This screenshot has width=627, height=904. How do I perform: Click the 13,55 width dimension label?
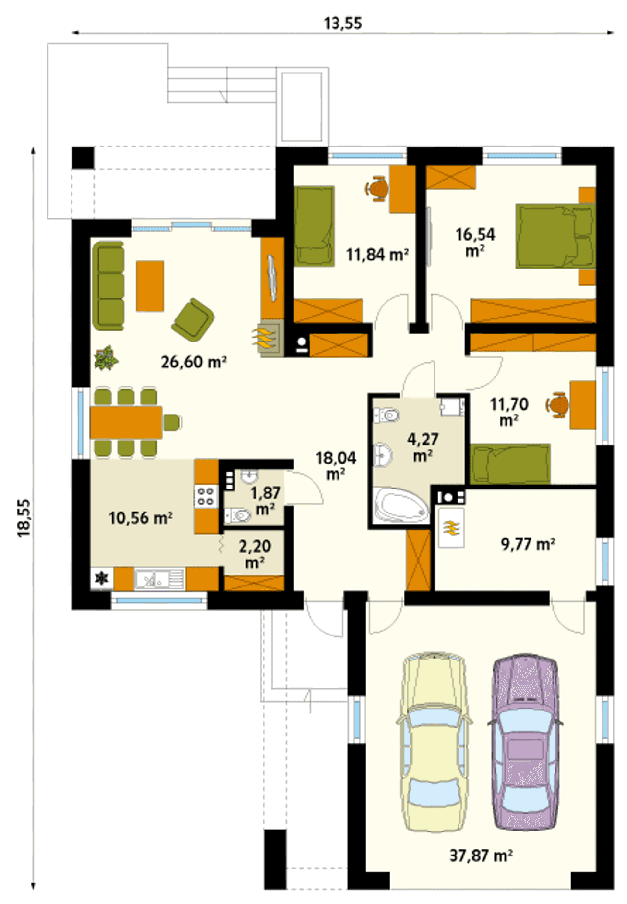tap(343, 23)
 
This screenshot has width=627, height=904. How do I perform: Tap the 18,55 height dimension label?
tap(24, 518)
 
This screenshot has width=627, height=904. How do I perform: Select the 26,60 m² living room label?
tap(193, 362)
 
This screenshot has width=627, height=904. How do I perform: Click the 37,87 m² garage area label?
tap(481, 855)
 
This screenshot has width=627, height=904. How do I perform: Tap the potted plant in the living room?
tap(106, 358)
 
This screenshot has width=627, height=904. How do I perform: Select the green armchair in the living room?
tap(193, 319)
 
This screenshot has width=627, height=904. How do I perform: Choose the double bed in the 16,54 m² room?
tap(555, 236)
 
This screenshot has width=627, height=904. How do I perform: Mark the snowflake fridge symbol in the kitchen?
tap(102, 579)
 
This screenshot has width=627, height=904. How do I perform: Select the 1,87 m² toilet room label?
tap(265, 500)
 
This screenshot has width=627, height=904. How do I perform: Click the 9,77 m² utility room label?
tap(528, 544)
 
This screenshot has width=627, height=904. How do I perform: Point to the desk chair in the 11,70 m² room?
tap(557, 405)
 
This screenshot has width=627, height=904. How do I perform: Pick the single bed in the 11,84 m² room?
tap(314, 226)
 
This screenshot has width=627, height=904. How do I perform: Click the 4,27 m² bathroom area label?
tap(423, 446)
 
